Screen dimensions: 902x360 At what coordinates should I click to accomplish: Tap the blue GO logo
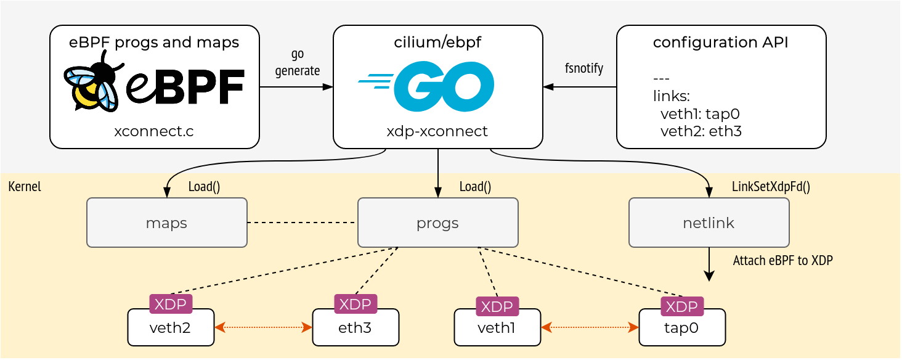click(x=426, y=86)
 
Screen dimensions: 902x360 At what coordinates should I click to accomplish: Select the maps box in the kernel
click(x=167, y=223)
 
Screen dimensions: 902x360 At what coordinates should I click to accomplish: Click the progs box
click(x=437, y=223)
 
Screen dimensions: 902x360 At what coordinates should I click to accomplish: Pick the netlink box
click(x=709, y=223)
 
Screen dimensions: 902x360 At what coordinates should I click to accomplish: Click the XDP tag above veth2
click(x=171, y=304)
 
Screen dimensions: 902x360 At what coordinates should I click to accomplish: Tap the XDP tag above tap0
click(x=681, y=306)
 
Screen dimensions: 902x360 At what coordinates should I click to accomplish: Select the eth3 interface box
click(x=356, y=327)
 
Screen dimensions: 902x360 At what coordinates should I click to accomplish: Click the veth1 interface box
click(x=497, y=327)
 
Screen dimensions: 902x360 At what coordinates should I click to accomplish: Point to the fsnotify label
click(x=584, y=68)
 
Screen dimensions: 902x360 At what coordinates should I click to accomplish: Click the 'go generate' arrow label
click(x=298, y=62)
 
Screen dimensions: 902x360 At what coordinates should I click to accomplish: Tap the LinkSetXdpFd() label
click(x=771, y=186)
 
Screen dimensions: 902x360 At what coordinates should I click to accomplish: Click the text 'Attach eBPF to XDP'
click(x=782, y=261)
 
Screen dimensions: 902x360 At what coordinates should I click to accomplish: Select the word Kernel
click(x=25, y=186)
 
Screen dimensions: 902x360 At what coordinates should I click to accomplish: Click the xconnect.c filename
click(x=154, y=131)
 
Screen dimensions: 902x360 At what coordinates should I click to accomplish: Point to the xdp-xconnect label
click(x=437, y=131)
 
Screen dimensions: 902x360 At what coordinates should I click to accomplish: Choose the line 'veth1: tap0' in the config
click(x=701, y=114)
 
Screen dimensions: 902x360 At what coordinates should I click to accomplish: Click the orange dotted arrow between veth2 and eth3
click(x=263, y=327)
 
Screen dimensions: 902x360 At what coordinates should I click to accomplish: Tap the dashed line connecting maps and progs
click(x=302, y=223)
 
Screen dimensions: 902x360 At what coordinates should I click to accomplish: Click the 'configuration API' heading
click(x=720, y=43)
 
